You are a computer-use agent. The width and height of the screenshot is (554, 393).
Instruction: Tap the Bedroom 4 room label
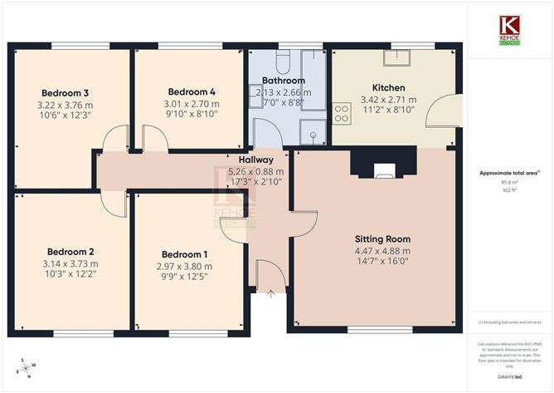(x=192, y=91)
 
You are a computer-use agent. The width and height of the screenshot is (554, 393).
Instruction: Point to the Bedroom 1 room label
(x=185, y=254)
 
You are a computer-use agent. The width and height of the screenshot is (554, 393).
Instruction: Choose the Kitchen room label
(x=388, y=87)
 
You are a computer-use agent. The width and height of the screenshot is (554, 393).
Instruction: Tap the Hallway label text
(x=255, y=160)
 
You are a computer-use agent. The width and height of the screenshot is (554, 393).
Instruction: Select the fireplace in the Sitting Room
(x=383, y=170)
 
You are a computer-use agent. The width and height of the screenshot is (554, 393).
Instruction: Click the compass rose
(x=27, y=366)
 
